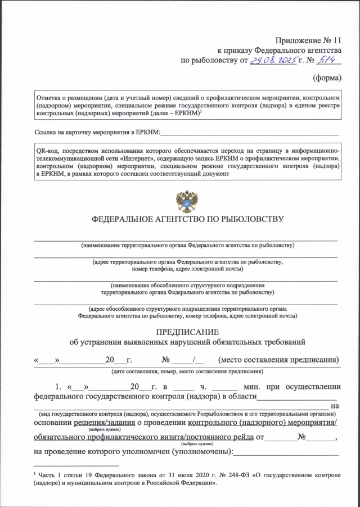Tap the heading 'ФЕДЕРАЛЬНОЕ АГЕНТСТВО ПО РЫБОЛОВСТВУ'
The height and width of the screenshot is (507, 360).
(x=187, y=219)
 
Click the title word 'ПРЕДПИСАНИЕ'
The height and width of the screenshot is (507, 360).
(x=187, y=332)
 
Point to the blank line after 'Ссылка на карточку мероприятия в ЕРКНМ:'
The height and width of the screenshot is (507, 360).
(x=250, y=133)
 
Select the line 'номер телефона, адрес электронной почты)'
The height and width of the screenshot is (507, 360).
(x=188, y=269)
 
